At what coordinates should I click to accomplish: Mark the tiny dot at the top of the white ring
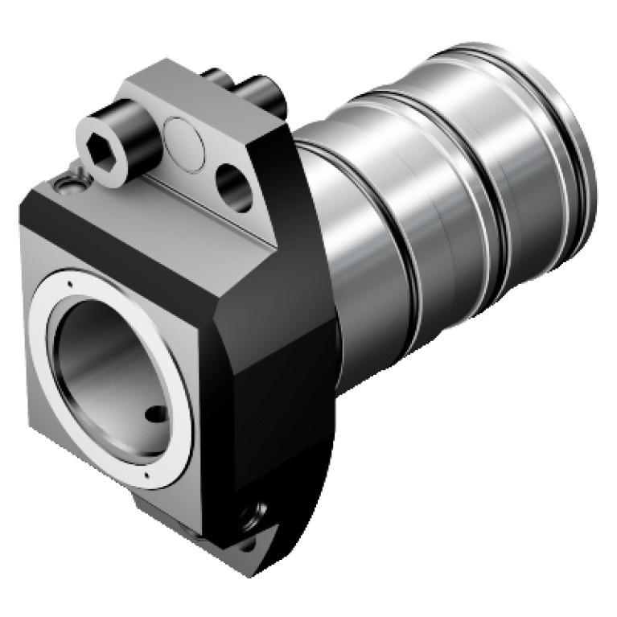click(71, 283)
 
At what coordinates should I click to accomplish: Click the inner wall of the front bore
click(105, 354)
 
